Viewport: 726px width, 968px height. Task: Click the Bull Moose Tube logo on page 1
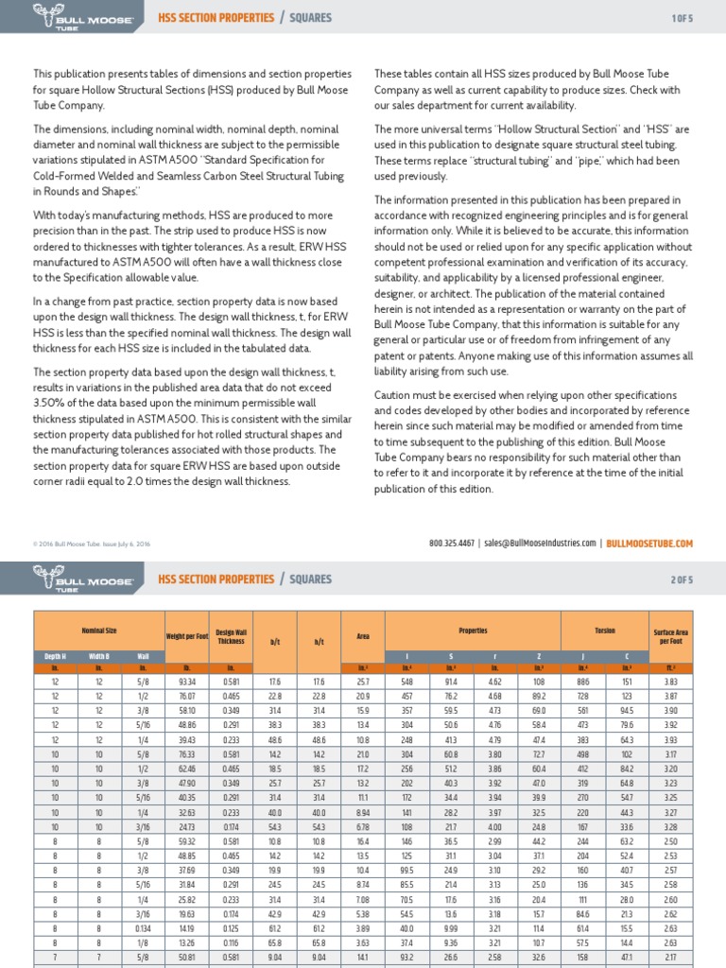[71, 18]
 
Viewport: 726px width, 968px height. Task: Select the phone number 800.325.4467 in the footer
[453, 544]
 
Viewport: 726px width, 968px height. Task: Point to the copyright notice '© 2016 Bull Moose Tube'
[91, 544]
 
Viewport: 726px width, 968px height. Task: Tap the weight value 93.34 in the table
[186, 681]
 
